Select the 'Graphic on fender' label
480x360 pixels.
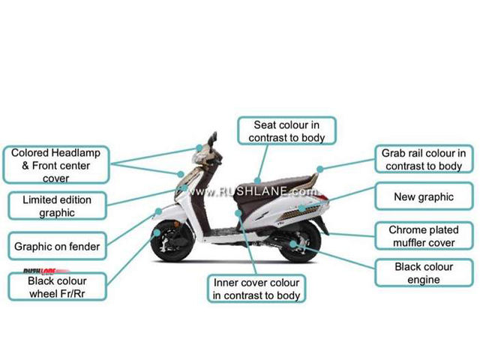point(57,245)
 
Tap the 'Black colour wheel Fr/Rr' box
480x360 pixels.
point(57,286)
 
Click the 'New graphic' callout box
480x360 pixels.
point(424,197)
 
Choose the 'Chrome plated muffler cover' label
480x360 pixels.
point(423,236)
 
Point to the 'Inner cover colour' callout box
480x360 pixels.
point(256,289)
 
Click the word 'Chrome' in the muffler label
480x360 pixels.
point(405,230)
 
